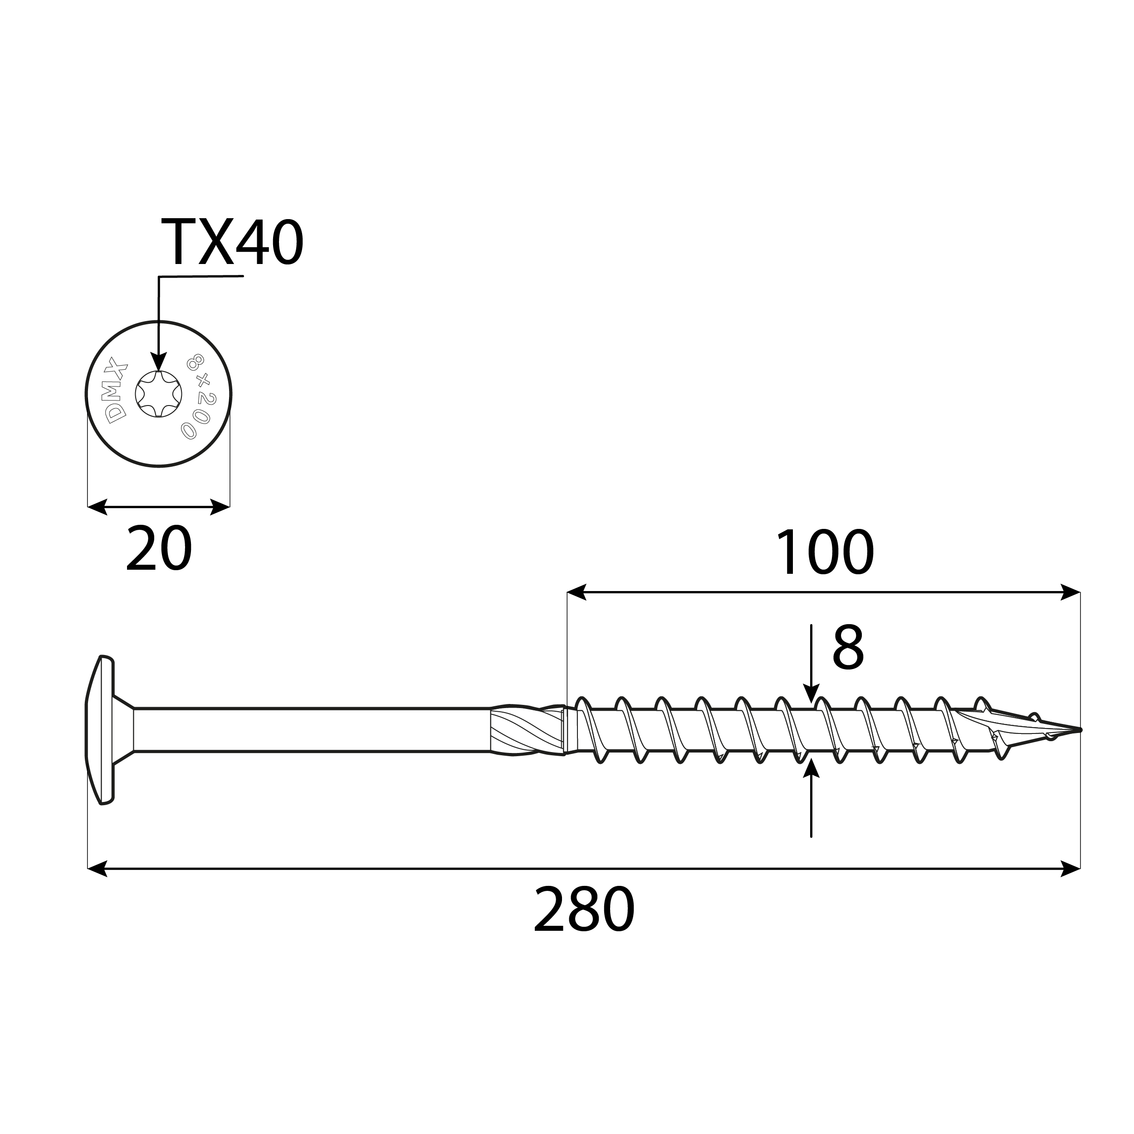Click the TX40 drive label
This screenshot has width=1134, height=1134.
[x=232, y=242]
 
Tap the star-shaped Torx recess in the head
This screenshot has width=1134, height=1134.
[x=158, y=394]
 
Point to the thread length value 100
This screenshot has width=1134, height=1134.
[x=824, y=553]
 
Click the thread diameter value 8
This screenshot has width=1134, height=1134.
[x=848, y=649]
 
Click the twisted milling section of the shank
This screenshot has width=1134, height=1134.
[x=525, y=729]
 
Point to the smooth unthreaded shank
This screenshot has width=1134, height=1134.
[x=311, y=729]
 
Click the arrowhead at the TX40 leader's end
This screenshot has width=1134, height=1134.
[x=158, y=362]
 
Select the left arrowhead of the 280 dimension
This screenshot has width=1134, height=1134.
[x=98, y=868]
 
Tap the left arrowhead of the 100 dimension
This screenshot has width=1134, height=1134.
[x=577, y=592]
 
